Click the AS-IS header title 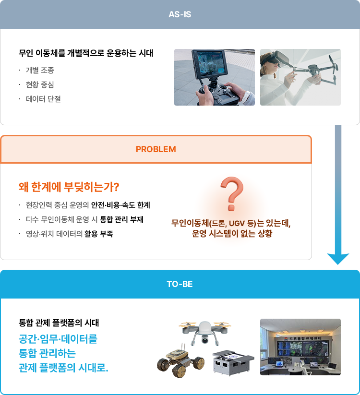pos(180,14)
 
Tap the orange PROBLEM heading pos(156,149)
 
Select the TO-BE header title pos(180,284)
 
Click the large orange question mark pos(232,193)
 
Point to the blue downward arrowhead pos(338,259)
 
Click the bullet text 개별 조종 pos(40,70)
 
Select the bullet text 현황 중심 pos(40,84)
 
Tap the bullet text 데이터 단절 pos(43,99)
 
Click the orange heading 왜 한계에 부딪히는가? pos(69,187)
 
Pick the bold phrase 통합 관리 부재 pos(121,219)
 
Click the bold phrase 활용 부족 pos(99,234)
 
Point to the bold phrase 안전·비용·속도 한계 pos(120,205)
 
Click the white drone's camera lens pos(205,340)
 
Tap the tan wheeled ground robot pos(180,360)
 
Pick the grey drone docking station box pos(233,362)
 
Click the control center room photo pos(300,347)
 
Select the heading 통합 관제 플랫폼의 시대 pos(59,323)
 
